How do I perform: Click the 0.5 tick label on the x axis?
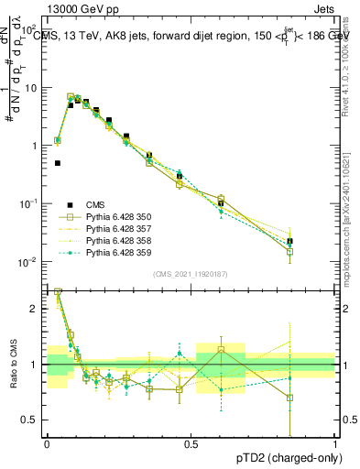point(191,443)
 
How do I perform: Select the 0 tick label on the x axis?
point(47,443)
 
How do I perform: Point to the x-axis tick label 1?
point(335,443)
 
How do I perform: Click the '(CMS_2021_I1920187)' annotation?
point(191,273)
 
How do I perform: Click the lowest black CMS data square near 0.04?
point(58,163)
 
